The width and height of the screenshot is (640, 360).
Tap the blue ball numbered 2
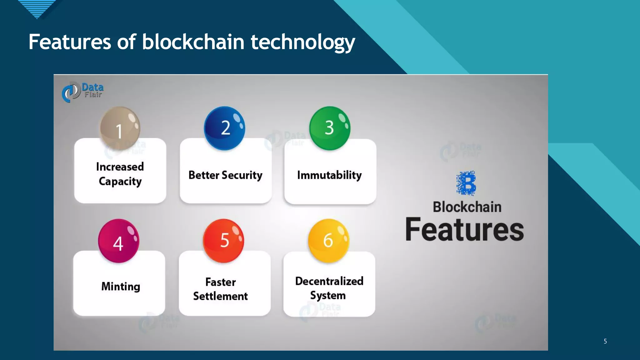(x=224, y=128)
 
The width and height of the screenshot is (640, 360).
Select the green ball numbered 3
(x=330, y=128)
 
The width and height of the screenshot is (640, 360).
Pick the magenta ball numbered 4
(x=118, y=241)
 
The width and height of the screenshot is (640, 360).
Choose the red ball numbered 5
(x=223, y=241)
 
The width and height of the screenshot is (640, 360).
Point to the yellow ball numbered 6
(x=328, y=241)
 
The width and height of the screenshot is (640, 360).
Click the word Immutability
(x=329, y=175)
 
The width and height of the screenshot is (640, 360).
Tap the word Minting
(x=121, y=286)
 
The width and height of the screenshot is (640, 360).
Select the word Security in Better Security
(x=242, y=175)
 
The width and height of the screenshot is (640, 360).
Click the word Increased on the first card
(x=120, y=167)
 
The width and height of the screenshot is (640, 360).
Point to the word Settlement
(x=220, y=296)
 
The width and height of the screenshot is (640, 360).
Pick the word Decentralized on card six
(x=329, y=281)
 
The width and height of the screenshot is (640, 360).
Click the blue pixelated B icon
(x=466, y=183)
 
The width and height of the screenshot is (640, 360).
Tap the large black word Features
(x=465, y=230)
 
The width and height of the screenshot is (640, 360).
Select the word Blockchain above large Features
(x=467, y=207)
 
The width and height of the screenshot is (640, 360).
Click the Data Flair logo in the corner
(x=82, y=92)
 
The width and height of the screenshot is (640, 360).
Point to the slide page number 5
(x=605, y=341)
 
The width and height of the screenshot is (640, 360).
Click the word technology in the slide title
(x=303, y=42)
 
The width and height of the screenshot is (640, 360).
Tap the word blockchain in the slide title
(x=193, y=42)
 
